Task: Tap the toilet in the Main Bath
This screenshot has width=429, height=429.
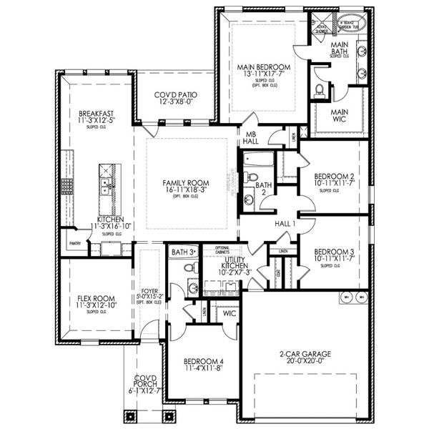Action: click(x=320, y=89)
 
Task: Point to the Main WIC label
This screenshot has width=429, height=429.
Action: click(x=339, y=117)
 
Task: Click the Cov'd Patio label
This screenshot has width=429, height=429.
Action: click(x=176, y=95)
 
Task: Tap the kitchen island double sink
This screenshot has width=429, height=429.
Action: click(x=104, y=187)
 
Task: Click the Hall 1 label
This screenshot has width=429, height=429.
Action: click(x=285, y=224)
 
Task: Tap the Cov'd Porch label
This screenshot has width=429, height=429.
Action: click(x=147, y=383)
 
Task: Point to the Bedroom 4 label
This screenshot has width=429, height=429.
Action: click(x=203, y=360)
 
